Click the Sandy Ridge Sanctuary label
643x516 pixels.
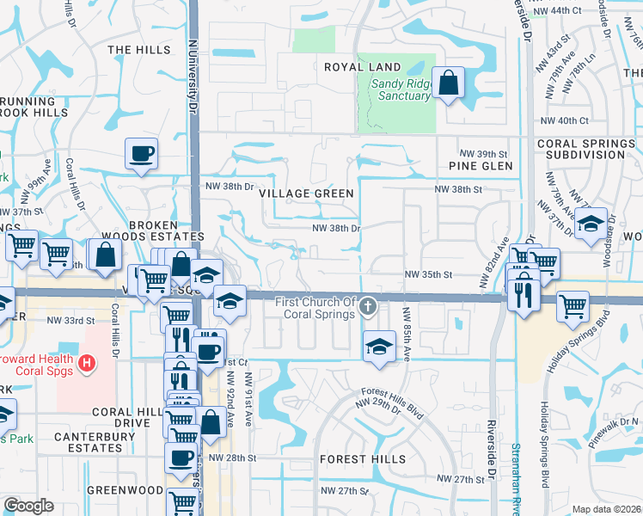401,89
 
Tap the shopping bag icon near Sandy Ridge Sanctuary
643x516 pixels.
449,84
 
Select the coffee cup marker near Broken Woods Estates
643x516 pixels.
142,155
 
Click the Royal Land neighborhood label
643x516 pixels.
362,67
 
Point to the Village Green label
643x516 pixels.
307,193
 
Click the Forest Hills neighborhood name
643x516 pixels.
363,459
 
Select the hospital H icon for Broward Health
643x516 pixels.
86,365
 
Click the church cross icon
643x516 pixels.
368,305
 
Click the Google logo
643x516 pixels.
28,506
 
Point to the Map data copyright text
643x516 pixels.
607,509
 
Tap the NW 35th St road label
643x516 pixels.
429,275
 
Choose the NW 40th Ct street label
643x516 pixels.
564,121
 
